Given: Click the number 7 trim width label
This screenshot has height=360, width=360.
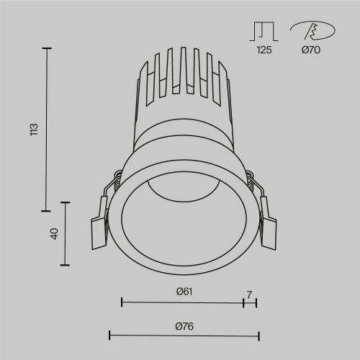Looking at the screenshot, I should click(x=249, y=294).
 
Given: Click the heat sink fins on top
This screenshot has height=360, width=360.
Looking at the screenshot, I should click(x=184, y=72).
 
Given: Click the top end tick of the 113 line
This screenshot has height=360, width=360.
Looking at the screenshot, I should click(x=48, y=48).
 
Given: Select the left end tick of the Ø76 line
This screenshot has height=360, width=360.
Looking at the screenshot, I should click(x=109, y=335).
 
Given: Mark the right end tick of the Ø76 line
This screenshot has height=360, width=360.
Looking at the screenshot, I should click(x=258, y=335).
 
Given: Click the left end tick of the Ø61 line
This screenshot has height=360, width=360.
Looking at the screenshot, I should click(x=122, y=302).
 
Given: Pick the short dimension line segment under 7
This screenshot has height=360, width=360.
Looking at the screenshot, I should click(x=250, y=302).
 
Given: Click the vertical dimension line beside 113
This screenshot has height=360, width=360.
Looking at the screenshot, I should click(x=48, y=130).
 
